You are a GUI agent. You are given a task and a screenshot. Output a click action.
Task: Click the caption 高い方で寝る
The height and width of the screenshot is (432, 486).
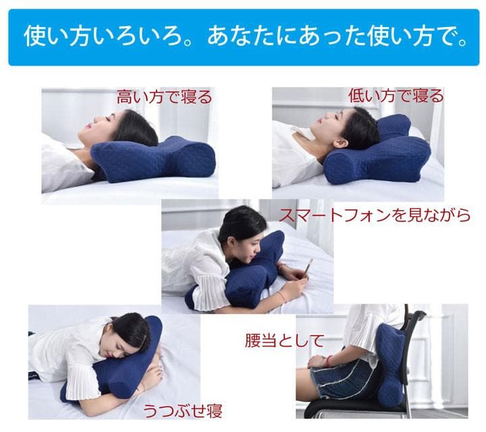click(x=164, y=97)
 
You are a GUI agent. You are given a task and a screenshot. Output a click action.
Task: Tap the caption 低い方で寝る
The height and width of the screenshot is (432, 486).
click(x=396, y=96)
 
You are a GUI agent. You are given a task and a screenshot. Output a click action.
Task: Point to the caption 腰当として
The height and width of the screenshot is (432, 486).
click(x=284, y=340)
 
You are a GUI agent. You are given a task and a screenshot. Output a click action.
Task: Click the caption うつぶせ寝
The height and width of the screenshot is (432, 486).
click(x=182, y=410)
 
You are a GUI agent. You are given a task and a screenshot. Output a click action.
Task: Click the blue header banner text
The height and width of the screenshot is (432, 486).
click(x=243, y=36)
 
